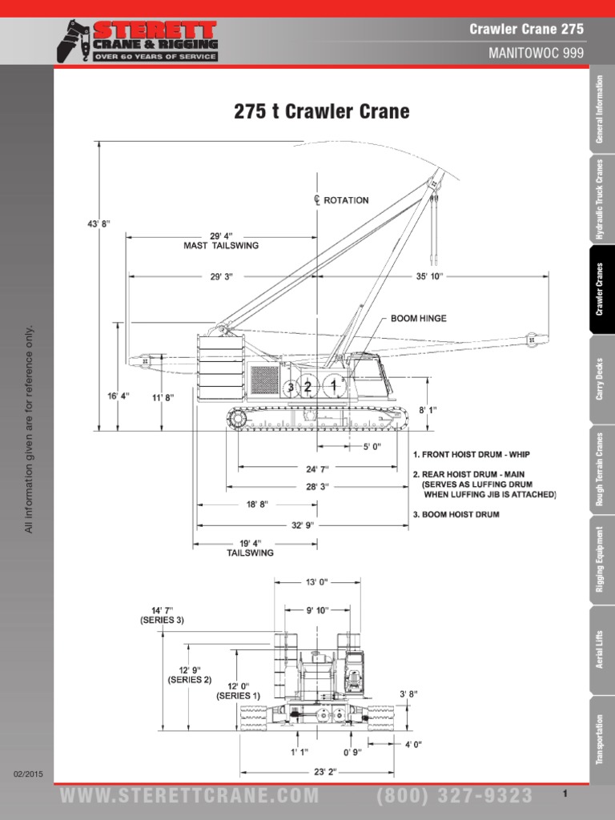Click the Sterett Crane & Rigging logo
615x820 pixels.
coord(137,41)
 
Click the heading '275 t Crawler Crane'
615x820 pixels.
coord(321,111)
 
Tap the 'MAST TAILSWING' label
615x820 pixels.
coord(222,246)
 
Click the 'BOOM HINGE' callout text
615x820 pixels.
coord(418,318)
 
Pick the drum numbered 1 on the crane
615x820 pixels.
coord(333,385)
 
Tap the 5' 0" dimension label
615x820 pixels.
coord(372,446)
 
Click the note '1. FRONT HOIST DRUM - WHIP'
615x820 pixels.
coord(471,455)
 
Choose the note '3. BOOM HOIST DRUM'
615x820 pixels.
coord(456,514)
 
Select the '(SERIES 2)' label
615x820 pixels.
coord(189,680)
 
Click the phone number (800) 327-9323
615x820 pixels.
coord(454,795)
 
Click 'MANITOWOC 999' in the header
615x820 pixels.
coord(536,53)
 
